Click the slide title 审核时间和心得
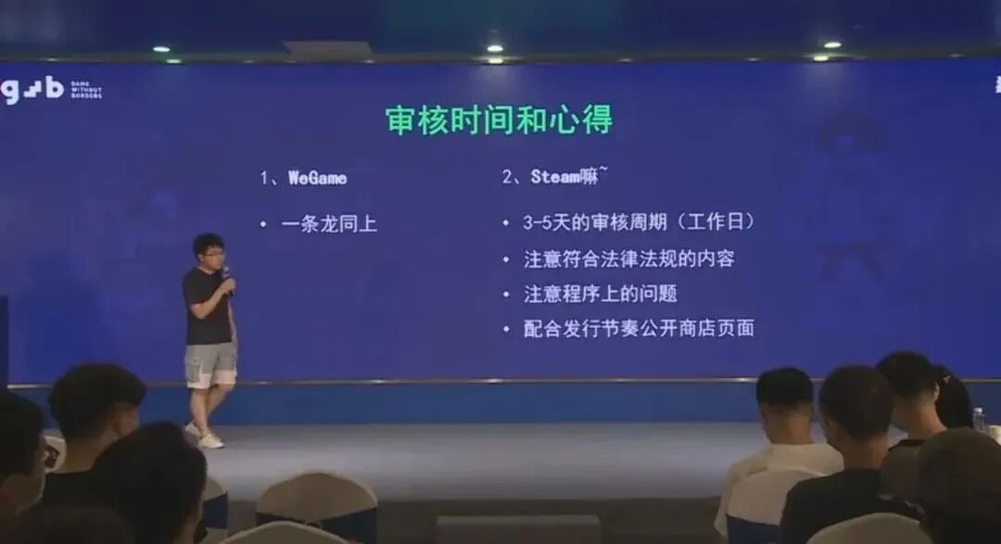[x=499, y=120]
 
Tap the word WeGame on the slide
[x=317, y=177]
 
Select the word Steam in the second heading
[x=555, y=177]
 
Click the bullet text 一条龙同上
[x=329, y=223]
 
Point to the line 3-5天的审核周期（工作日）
[x=640, y=223]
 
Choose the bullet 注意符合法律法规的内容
[x=628, y=259]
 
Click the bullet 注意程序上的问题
[x=600, y=294]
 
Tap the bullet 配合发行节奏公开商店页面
[x=639, y=328]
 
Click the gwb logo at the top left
[x=32, y=89]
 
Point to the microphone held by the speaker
[x=226, y=275]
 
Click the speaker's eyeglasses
[x=211, y=252]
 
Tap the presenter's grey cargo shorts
[x=210, y=364]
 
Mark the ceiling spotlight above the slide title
[x=494, y=47]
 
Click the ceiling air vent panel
[x=315, y=50]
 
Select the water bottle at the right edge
[x=980, y=420]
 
